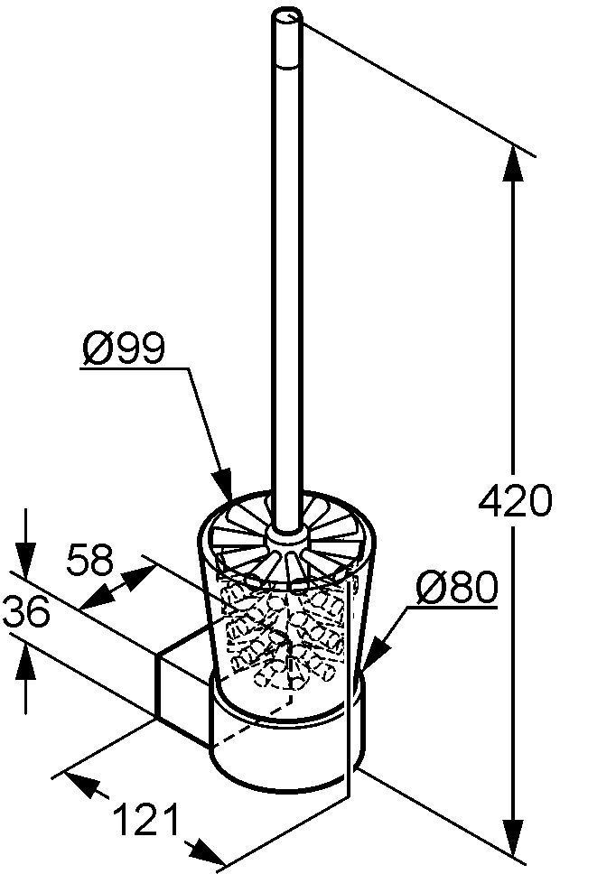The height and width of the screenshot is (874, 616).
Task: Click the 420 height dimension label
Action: pos(515,500)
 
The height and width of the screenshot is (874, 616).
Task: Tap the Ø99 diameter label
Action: pos(124,348)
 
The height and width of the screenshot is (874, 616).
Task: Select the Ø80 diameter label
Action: pos(456,587)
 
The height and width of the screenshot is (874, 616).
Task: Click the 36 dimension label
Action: pos(26,612)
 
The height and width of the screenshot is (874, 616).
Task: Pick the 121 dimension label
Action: pos(146,819)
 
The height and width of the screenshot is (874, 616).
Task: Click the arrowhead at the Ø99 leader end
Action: pos(222,484)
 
